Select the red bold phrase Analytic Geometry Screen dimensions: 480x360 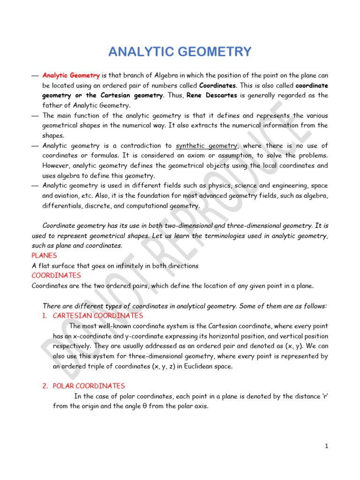(x=71, y=75)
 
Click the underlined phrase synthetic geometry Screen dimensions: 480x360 (x=207, y=145)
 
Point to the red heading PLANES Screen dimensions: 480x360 (x=44, y=255)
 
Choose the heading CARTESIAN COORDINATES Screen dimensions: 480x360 (x=97, y=315)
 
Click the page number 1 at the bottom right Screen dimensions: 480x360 (x=326, y=446)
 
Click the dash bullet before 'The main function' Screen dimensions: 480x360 (x=35, y=115)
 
